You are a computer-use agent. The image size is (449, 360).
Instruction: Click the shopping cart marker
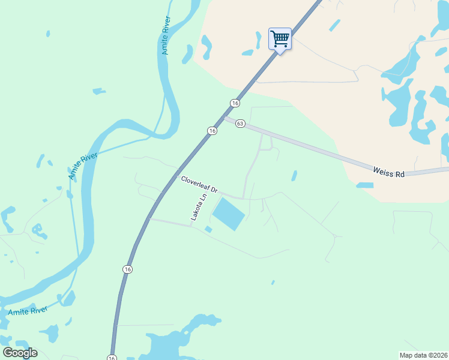pyautogui.click(x=280, y=39)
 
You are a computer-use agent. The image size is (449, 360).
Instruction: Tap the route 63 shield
pyautogui.click(x=240, y=123)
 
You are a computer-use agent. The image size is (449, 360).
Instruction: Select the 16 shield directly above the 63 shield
pyautogui.click(x=234, y=103)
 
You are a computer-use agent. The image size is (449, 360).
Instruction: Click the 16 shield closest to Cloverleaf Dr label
pyautogui.click(x=212, y=131)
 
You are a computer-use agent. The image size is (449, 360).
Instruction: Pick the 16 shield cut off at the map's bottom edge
pyautogui.click(x=112, y=357)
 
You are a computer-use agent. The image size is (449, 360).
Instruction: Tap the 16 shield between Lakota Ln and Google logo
pyautogui.click(x=127, y=269)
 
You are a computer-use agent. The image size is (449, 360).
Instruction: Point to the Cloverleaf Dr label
pyautogui.click(x=199, y=184)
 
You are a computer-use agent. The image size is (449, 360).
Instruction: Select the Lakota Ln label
pyautogui.click(x=199, y=207)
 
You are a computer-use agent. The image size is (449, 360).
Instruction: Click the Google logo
pyautogui.click(x=20, y=353)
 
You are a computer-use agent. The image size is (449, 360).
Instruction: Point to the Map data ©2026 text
pyautogui.click(x=423, y=355)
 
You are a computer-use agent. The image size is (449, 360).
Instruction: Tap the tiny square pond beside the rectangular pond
pyautogui.click(x=208, y=229)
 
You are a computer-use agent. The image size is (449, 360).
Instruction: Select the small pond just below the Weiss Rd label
pyautogui.click(x=364, y=185)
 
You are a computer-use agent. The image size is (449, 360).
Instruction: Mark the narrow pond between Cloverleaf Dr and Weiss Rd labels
pyautogui.click(x=294, y=176)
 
